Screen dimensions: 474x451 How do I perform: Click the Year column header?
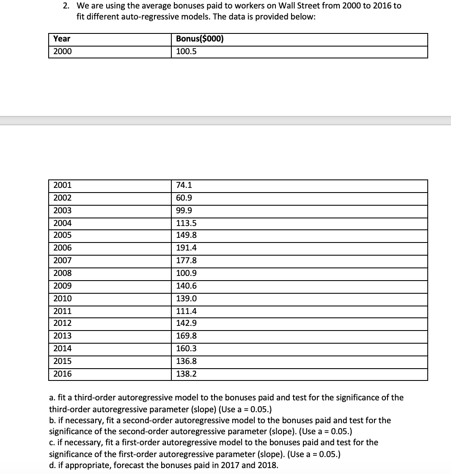pyautogui.click(x=62, y=39)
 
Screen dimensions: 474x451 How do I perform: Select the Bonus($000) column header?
pyautogui.click(x=200, y=39)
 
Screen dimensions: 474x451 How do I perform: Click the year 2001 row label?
pyautogui.click(x=63, y=185)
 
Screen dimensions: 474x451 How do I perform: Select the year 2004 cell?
pyautogui.click(x=63, y=223)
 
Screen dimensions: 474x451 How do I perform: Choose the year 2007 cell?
pyautogui.click(x=63, y=261)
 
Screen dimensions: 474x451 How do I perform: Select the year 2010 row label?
pyautogui.click(x=63, y=298)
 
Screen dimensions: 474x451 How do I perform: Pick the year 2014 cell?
pyautogui.click(x=63, y=349)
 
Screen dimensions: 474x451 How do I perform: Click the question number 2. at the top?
pyautogui.click(x=66, y=6)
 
